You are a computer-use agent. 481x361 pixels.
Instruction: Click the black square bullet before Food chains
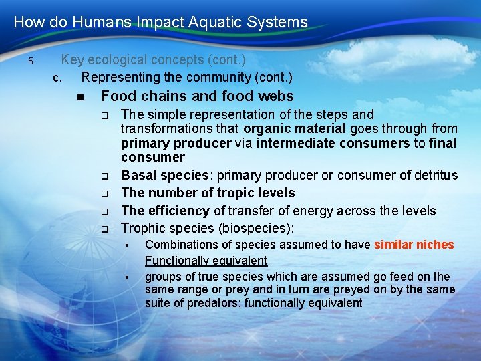[81, 98]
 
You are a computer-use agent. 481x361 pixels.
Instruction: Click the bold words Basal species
[164, 176]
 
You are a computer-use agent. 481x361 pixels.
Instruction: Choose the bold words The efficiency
[165, 211]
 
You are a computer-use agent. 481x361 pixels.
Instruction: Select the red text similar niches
[414, 245]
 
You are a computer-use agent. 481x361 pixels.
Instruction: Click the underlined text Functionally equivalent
[206, 261]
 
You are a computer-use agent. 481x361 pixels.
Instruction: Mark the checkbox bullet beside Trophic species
[105, 229]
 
